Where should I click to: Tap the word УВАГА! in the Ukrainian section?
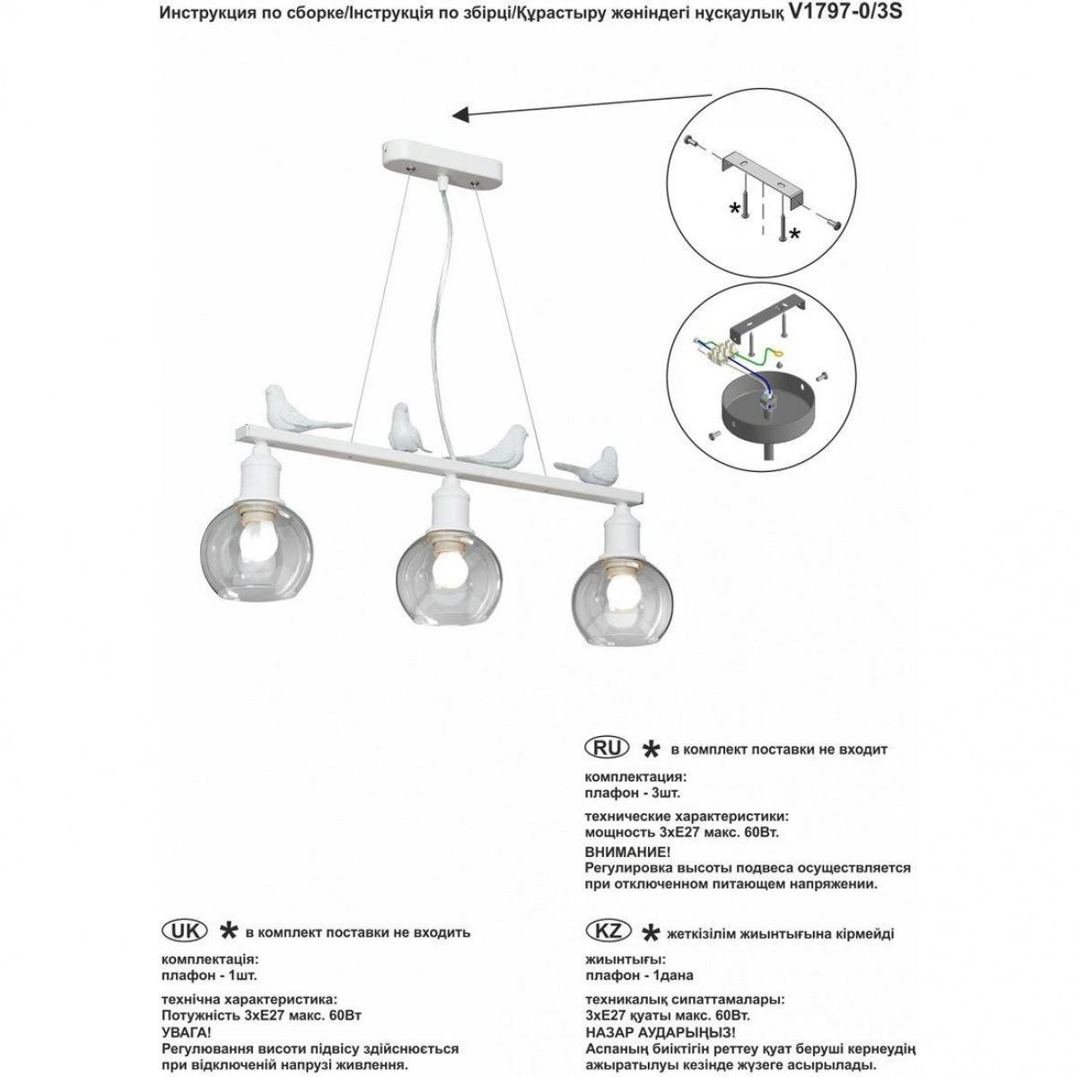186,1032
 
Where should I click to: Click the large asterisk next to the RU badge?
652,749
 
